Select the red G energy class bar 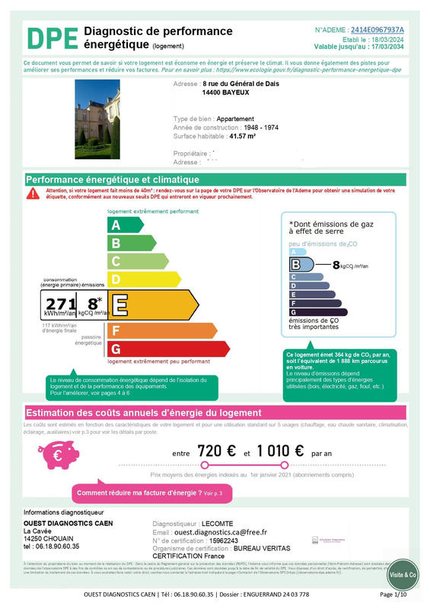167,349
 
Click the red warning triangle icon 32,193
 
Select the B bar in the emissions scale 301,265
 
